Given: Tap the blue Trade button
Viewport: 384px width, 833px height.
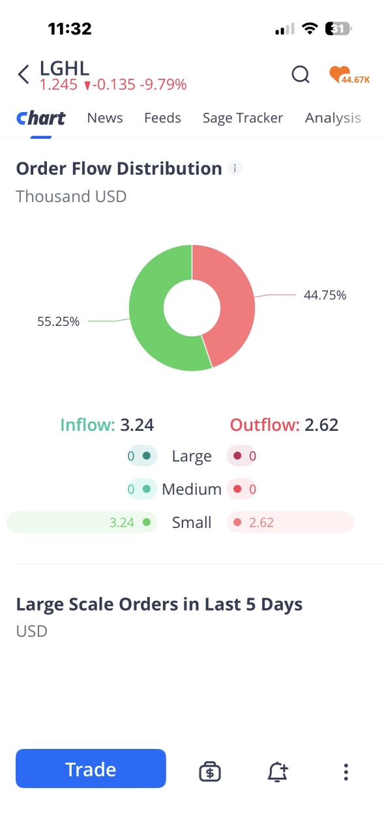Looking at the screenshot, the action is coord(91,768).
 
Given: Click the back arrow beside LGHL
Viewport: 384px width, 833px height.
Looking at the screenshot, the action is coord(23,74).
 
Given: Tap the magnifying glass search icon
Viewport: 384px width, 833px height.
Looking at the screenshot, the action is coord(301,74).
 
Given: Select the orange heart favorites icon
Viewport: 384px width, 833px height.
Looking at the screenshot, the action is coord(340,74).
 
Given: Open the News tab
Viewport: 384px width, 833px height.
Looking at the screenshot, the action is coord(105,118).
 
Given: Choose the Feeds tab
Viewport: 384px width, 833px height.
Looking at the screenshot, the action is coord(162,118).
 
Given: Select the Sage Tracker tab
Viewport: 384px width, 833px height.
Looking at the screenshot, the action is coord(243,118).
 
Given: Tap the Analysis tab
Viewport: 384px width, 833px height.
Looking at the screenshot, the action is coord(333,118).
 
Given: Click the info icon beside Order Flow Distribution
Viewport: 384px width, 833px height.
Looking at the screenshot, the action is coord(235,168).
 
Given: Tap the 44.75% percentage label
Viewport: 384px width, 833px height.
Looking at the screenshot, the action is coord(325,295).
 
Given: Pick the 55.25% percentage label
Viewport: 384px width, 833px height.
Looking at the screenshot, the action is coord(59,321).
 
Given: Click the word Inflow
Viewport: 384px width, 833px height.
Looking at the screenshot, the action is coord(88,425).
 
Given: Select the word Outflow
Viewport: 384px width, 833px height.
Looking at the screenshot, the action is coord(265,425).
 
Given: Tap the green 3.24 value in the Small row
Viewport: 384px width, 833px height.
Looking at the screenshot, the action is coord(122,523).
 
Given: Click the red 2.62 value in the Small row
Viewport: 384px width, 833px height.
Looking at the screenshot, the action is coord(261,523).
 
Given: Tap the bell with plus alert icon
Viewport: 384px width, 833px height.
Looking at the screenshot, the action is coord(278,772).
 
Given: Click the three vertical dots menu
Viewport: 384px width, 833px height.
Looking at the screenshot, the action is coord(346,772).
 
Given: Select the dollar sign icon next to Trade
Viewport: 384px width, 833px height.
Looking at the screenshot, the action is coord(210,772).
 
